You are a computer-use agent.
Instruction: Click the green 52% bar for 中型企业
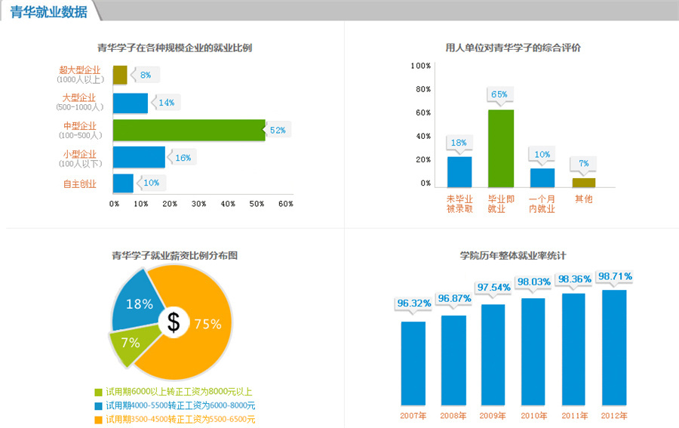pyautogui.click(x=189, y=130)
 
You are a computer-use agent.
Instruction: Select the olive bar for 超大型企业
pyautogui.click(x=120, y=75)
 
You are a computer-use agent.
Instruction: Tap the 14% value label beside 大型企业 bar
pyautogui.click(x=166, y=103)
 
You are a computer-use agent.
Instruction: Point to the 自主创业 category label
pyautogui.click(x=79, y=183)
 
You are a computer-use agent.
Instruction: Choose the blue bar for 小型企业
pyautogui.click(x=139, y=157)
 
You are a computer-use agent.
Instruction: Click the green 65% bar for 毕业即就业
pyautogui.click(x=500, y=148)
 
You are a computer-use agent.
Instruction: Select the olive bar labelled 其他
pyautogui.click(x=584, y=182)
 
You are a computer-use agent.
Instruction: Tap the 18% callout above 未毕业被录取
pyautogui.click(x=459, y=143)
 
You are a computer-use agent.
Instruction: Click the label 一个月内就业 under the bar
pyautogui.click(x=542, y=204)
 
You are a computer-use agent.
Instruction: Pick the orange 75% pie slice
pyautogui.click(x=200, y=332)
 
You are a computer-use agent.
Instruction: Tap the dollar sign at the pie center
pyautogui.click(x=174, y=323)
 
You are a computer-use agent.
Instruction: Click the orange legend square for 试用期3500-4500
pyautogui.click(x=98, y=420)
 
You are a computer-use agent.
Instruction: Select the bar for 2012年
pyautogui.click(x=614, y=347)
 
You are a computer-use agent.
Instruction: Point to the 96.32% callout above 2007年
pyautogui.click(x=413, y=303)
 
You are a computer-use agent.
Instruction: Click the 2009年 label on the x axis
pyautogui.click(x=493, y=416)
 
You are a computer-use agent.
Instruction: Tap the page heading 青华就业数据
pyautogui.click(x=48, y=11)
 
